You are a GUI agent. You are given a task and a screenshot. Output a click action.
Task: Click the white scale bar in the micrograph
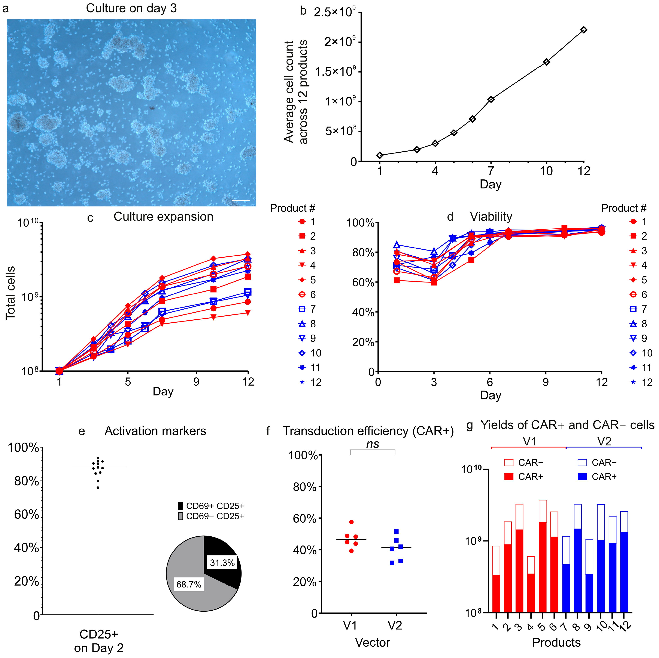click(241, 200)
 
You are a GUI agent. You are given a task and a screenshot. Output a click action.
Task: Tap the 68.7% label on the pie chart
click(189, 584)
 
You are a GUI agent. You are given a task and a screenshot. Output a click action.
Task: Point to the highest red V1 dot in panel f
click(351, 522)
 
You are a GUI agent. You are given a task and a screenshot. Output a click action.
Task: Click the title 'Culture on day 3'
click(131, 8)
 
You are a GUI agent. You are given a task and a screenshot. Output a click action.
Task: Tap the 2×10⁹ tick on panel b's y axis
click(339, 42)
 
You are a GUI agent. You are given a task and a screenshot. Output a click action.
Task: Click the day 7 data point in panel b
click(491, 99)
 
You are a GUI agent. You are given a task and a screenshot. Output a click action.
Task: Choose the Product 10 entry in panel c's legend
click(310, 353)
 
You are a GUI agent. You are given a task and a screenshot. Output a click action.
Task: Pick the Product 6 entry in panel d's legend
click(638, 294)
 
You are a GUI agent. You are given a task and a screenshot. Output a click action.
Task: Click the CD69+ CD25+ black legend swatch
click(180, 506)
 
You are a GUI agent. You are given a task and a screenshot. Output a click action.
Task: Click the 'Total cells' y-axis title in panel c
click(10, 293)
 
